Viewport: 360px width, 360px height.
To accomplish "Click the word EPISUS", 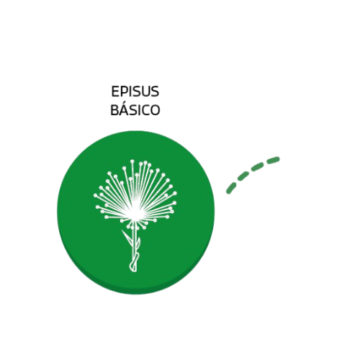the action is [135, 91].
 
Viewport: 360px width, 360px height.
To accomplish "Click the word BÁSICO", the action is [135, 110].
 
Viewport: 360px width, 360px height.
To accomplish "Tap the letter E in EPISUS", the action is [115, 91].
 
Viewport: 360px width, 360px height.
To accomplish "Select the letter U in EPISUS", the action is [146, 91].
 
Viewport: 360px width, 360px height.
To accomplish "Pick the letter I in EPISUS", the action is [131, 91].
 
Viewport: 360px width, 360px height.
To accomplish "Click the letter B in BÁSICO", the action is [114, 110].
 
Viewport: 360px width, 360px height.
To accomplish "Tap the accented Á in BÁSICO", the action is [124, 109].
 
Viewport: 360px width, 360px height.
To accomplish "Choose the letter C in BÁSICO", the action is [144, 110].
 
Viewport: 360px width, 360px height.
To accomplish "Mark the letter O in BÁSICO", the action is [155, 110].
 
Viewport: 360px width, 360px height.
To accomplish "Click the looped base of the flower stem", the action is [134, 264].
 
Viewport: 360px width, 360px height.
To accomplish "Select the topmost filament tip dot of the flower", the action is [132, 161].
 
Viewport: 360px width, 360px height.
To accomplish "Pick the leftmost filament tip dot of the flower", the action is [95, 195].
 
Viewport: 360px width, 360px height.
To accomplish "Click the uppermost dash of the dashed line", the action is [274, 160].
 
